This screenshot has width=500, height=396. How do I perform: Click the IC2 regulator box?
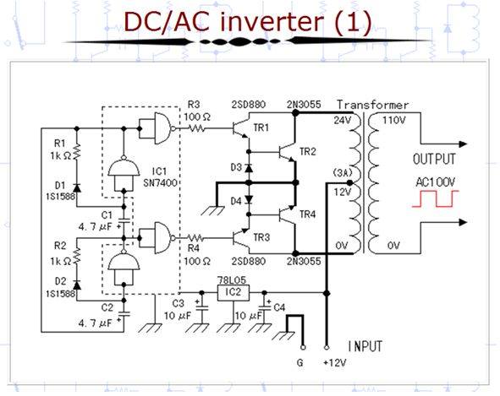point(234,292)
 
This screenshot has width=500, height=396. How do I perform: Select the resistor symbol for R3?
point(197,128)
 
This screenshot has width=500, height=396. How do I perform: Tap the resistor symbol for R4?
point(195,238)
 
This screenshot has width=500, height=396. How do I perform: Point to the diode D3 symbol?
point(249,167)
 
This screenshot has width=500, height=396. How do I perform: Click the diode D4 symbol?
point(249,199)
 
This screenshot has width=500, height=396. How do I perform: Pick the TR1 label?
point(261,128)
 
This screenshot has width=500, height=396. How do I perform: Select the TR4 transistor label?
point(307,214)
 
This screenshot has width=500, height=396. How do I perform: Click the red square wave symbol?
point(435,198)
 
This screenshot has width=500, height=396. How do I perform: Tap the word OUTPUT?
point(434,160)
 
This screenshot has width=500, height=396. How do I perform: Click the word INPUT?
point(365,346)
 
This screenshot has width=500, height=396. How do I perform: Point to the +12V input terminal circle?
point(327,348)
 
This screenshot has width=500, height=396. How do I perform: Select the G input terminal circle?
point(303,348)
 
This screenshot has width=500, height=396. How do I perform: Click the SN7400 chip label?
point(160,183)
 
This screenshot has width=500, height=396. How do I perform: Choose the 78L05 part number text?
point(232,280)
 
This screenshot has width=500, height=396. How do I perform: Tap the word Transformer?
point(373,105)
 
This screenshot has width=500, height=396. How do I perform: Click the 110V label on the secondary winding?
point(393,121)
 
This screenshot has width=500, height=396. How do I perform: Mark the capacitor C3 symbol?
point(201,307)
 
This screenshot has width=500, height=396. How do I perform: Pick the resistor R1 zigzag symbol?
point(76,151)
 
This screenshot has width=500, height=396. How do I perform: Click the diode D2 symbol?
point(76,285)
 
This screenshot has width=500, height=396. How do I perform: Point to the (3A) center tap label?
point(343,173)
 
